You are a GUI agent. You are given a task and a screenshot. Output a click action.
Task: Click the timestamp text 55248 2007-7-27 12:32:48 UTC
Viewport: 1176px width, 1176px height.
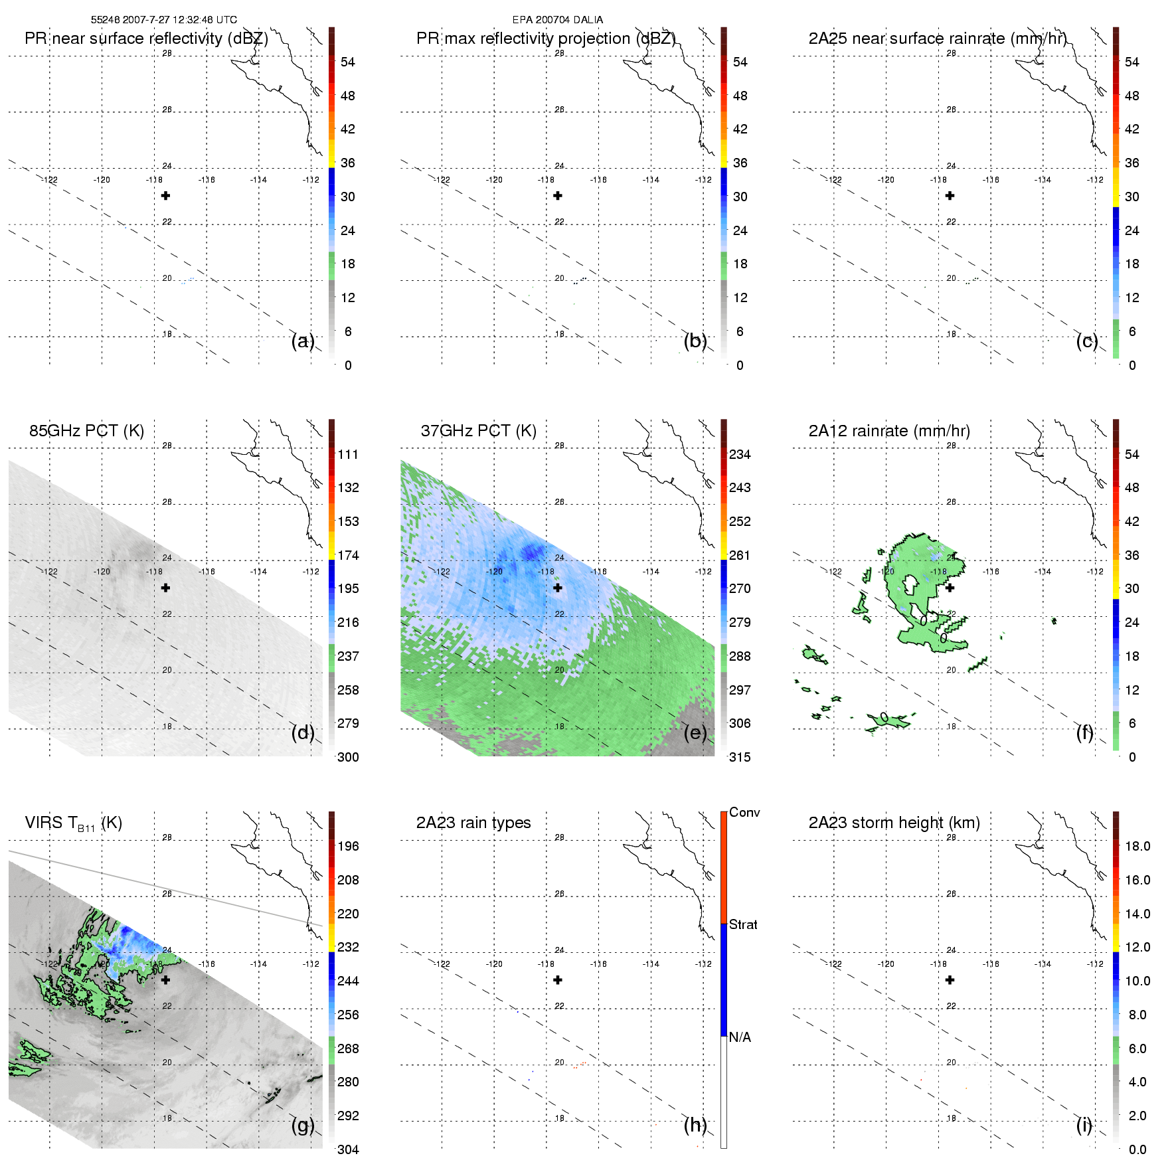click(164, 20)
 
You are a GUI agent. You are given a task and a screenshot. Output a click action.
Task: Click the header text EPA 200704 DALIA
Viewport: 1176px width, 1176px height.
click(558, 20)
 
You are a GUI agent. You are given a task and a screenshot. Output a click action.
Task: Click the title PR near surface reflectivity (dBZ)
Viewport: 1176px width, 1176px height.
click(146, 39)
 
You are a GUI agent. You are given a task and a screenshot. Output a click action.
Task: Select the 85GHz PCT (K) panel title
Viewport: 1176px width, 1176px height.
click(86, 431)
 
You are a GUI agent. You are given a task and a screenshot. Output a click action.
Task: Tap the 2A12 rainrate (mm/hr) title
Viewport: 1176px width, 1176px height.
click(889, 431)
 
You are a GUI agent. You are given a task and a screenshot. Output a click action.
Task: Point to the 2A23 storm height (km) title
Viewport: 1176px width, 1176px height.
click(894, 823)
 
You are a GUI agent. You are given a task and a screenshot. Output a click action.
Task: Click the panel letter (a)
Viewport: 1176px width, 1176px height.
click(303, 341)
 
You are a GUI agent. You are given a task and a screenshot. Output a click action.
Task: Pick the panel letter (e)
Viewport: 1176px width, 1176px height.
click(695, 733)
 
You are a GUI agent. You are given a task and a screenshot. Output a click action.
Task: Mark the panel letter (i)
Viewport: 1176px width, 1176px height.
click(1084, 1125)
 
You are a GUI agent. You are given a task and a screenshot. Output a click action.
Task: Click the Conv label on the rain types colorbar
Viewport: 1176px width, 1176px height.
click(744, 812)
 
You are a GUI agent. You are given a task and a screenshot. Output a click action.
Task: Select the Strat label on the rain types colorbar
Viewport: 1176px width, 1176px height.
click(743, 924)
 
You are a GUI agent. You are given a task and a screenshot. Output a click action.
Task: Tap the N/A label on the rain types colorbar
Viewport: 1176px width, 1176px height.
click(740, 1037)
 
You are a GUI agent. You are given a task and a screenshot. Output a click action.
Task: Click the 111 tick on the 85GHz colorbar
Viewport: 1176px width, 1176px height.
click(348, 454)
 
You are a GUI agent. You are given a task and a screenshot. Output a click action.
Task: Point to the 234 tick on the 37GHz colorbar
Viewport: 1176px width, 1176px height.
click(740, 454)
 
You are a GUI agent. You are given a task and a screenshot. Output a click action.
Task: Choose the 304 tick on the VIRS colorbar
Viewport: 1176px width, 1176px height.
click(348, 1149)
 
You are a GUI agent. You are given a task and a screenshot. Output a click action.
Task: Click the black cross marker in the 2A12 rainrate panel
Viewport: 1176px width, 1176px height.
click(950, 588)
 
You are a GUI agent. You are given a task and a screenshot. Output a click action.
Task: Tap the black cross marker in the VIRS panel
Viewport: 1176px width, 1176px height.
click(166, 979)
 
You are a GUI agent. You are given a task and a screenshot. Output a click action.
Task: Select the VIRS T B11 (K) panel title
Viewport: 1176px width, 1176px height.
click(73, 823)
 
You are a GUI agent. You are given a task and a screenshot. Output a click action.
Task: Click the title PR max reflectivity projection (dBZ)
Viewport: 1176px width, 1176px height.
click(546, 39)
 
